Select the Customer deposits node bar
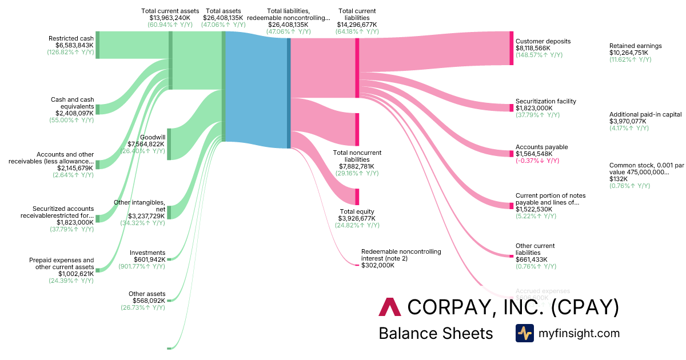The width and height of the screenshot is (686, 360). click(512, 49)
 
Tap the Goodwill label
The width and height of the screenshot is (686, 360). click(152, 138)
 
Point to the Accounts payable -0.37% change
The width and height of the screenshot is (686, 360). click(537, 161)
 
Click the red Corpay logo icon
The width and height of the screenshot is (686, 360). click(390, 307)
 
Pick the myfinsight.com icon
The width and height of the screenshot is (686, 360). click(525, 333)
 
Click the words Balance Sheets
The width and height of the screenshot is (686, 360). click(436, 333)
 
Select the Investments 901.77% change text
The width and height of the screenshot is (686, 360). click(141, 266)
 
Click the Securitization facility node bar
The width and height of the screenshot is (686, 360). click(512, 108)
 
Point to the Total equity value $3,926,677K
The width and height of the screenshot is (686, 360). click(357, 218)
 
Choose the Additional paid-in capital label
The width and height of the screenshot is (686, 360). click(645, 114)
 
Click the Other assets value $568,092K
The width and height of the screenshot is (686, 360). click(146, 301)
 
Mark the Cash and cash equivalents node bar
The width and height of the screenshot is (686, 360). click(98, 109)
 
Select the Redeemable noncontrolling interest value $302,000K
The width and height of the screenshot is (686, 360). click(378, 265)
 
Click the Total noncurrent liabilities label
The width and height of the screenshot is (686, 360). click(357, 156)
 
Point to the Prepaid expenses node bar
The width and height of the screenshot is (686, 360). click(98, 270)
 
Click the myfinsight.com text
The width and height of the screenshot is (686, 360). click(579, 333)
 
